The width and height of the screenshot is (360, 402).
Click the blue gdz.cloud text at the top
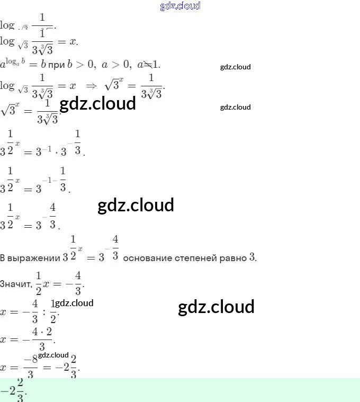pyautogui.click(x=180, y=6)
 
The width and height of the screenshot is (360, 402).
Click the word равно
pyautogui.click(x=235, y=258)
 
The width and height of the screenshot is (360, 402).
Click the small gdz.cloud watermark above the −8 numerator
pyautogui.click(x=53, y=355)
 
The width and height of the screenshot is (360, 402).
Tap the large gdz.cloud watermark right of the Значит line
pyautogui.click(x=216, y=307)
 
